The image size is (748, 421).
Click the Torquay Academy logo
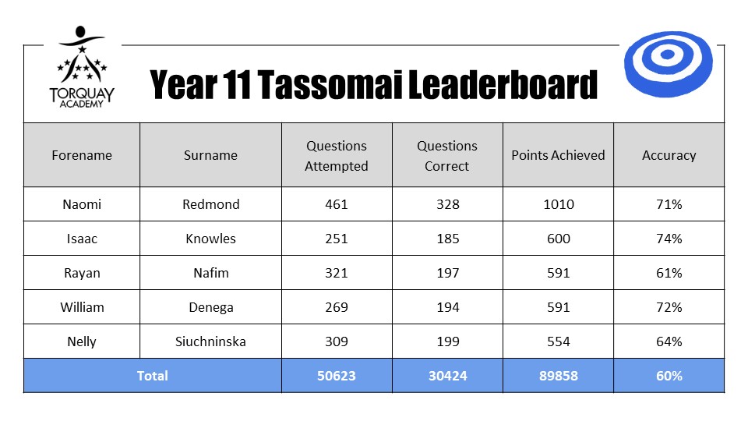tap(82, 67)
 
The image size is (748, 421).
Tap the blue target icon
tap(668, 64)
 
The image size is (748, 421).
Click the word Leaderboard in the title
tap(503, 84)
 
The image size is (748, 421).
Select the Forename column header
tap(82, 155)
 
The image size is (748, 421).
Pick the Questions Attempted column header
tap(337, 156)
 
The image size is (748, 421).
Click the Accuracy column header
tap(669, 156)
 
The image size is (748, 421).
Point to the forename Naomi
tap(82, 204)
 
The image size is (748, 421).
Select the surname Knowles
tap(210, 239)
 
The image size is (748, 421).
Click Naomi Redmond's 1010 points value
tap(558, 204)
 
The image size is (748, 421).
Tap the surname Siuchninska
tap(210, 341)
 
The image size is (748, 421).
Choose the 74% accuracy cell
tap(669, 239)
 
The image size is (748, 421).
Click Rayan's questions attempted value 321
tap(337, 273)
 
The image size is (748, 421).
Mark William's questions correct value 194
tap(447, 307)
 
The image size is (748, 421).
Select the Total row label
tap(152, 376)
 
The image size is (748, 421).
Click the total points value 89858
tap(558, 376)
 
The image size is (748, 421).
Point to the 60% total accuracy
tap(669, 376)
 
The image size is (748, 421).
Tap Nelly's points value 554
tap(558, 341)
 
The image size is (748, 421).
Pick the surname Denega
tap(210, 307)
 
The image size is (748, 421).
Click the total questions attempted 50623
tap(337, 376)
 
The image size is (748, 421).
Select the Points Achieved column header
tap(558, 155)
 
